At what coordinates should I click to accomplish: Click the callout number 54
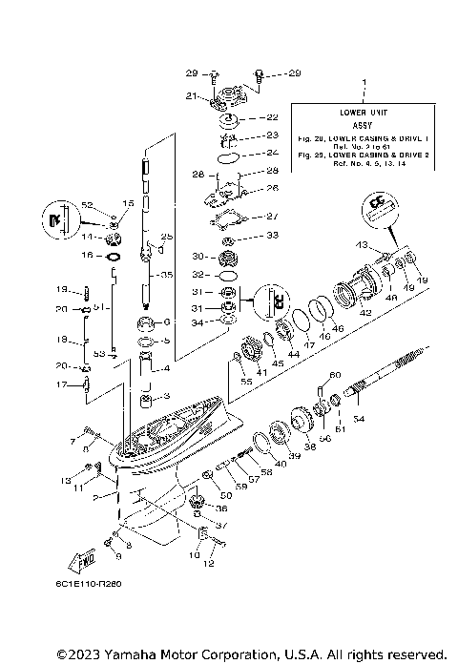tap(358, 419)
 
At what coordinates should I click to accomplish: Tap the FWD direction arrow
tap(82, 556)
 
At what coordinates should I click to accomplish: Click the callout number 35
tap(166, 275)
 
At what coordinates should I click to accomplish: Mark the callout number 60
tap(335, 374)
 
